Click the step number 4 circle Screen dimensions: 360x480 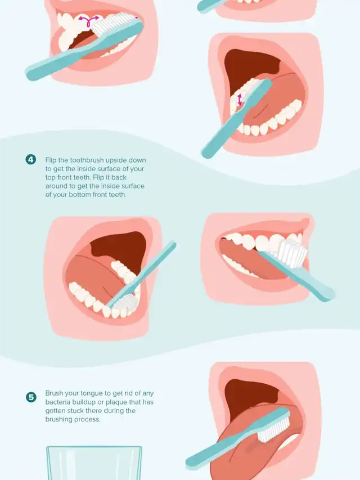pyautogui.click(x=30, y=159)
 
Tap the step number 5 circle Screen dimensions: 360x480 pyautogui.click(x=30, y=397)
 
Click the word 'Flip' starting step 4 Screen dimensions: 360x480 pyautogui.click(x=51, y=160)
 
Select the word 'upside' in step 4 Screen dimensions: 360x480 pyautogui.click(x=115, y=160)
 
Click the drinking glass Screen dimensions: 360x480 pyautogui.click(x=94, y=463)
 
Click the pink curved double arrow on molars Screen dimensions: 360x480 pyautogui.click(x=88, y=20)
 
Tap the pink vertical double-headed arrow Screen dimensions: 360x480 pyautogui.click(x=240, y=100)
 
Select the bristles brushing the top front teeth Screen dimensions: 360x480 pyautogui.click(x=292, y=253)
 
